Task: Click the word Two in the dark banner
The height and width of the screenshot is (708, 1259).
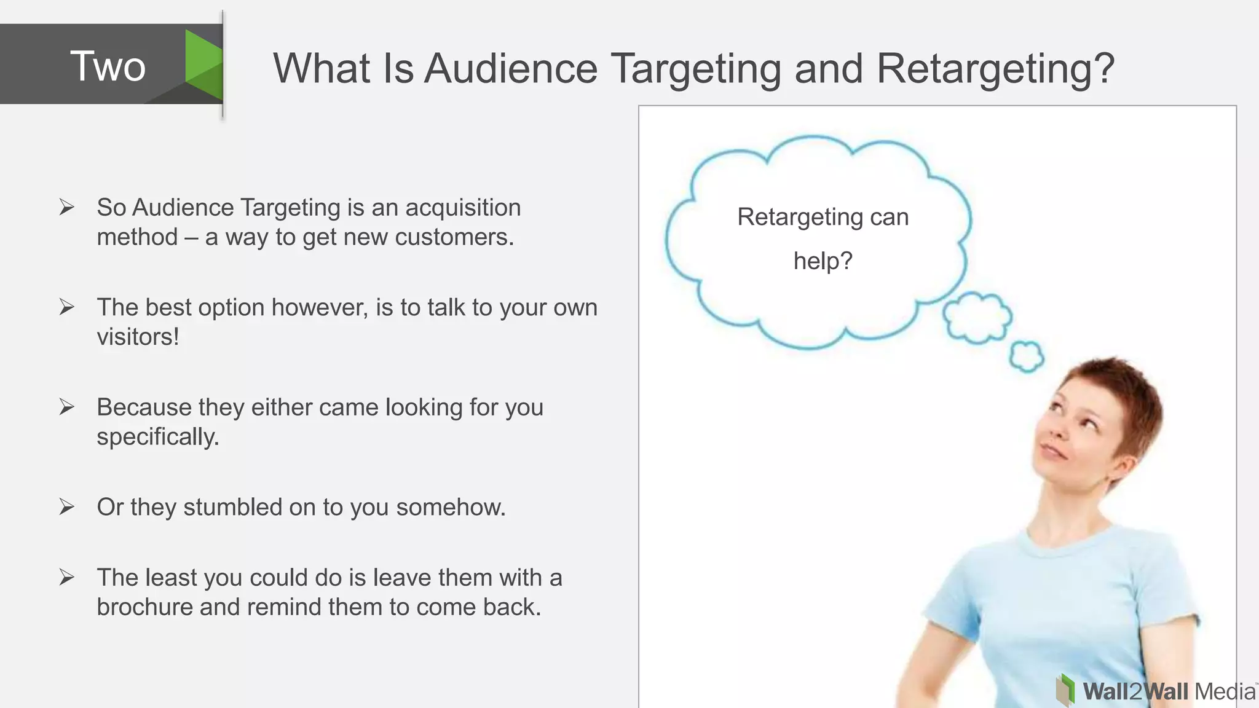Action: [108, 66]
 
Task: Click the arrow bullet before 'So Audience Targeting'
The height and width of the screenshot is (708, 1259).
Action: [66, 207]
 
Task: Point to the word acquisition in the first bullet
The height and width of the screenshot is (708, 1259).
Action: [463, 208]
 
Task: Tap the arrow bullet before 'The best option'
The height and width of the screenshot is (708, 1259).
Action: [66, 307]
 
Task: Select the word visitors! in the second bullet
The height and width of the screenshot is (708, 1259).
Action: [138, 337]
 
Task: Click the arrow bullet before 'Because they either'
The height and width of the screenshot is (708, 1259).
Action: [66, 406]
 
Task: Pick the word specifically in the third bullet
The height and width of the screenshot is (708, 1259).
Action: [157, 437]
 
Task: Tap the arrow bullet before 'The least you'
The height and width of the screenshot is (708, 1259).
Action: [66, 577]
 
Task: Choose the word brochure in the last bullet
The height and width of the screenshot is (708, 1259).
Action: [144, 607]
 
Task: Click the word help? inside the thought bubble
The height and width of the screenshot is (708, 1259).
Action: [823, 261]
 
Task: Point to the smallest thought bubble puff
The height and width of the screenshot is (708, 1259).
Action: [1026, 356]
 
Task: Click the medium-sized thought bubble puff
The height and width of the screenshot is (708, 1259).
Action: [977, 318]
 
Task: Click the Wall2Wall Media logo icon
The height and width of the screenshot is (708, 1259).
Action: [1065, 690]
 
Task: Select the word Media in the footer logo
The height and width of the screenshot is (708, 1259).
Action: [1225, 692]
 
